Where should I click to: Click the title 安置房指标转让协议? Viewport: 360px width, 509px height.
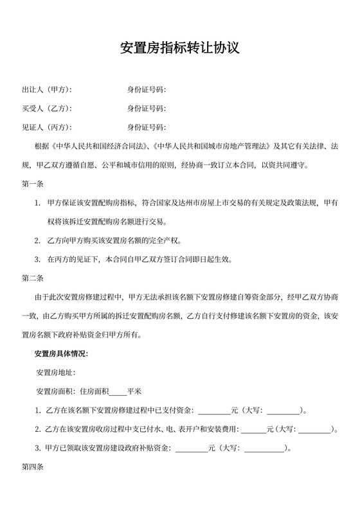click(x=180, y=48)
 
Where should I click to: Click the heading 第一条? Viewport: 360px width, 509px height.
click(x=32, y=184)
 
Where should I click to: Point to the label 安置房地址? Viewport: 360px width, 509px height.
click(x=57, y=372)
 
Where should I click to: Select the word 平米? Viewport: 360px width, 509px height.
click(x=134, y=391)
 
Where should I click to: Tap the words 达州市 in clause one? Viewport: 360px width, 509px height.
click(x=208, y=203)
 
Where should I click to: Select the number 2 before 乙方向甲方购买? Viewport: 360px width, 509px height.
click(x=37, y=241)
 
